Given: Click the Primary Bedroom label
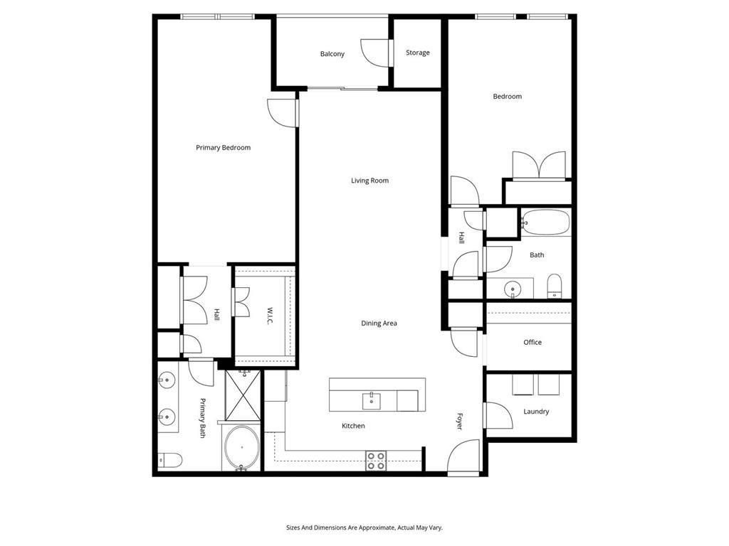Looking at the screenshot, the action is [x=223, y=148].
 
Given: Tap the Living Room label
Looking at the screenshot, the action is [x=369, y=181].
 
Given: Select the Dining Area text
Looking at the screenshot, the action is [x=379, y=323].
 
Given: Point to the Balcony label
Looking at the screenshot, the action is [x=332, y=54].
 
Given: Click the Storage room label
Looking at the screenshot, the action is [x=417, y=53].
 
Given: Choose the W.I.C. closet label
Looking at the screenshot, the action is [x=270, y=316].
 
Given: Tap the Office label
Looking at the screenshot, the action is [x=533, y=342].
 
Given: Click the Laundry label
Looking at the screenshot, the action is [x=536, y=412].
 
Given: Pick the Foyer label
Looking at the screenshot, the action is [x=460, y=421].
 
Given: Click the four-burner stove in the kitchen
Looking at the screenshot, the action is [x=376, y=461].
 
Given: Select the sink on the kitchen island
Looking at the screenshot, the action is [x=371, y=401].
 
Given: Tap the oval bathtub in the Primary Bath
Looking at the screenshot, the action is [x=241, y=448].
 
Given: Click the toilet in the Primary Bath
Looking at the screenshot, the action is [x=169, y=460].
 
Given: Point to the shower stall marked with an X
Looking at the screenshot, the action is [x=243, y=395].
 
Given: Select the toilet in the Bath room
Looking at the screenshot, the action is [x=554, y=286].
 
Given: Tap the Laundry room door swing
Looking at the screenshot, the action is [x=498, y=415].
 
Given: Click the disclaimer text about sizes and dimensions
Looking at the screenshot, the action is [x=364, y=528].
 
